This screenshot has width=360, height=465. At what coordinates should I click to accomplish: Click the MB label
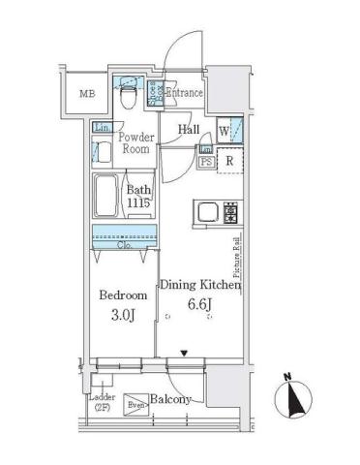[87, 93]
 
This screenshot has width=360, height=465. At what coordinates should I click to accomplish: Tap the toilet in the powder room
[126, 96]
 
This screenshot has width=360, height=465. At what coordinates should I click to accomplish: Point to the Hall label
[189, 129]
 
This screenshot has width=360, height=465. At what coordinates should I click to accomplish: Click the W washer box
[224, 131]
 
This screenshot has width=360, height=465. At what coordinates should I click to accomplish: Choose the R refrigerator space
[230, 162]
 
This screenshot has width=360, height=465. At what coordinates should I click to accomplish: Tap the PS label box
[205, 163]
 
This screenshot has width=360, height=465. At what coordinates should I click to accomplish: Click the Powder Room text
[136, 143]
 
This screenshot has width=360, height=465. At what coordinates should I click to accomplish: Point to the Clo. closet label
[126, 246]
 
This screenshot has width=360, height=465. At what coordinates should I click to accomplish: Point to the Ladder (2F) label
[101, 403]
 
